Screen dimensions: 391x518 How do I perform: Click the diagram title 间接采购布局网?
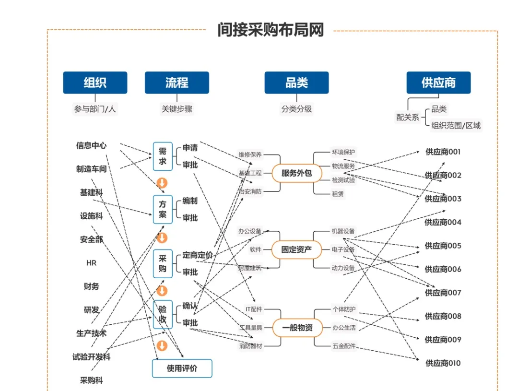[271, 30]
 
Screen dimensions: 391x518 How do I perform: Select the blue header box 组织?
[95, 83]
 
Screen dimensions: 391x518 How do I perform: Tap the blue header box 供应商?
[438, 83]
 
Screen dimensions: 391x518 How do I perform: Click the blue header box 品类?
[296, 83]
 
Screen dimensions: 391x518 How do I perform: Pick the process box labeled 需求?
[163, 156]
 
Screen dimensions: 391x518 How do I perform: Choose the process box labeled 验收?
[163, 315]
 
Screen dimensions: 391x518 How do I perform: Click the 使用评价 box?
[182, 368]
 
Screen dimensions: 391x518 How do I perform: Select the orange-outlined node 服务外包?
[296, 173]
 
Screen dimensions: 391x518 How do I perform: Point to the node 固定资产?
[296, 249]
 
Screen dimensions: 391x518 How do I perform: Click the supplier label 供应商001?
[443, 152]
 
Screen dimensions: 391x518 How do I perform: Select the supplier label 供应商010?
[443, 363]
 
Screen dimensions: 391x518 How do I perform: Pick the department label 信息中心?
[91, 145]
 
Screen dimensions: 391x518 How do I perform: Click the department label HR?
[91, 263]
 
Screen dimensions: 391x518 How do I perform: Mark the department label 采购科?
[91, 380]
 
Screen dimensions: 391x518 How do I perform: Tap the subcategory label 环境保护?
[343, 152]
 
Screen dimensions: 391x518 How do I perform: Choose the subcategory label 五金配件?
[343, 345]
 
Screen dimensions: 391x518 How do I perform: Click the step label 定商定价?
[197, 255]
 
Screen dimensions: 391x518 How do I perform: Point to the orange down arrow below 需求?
[162, 183]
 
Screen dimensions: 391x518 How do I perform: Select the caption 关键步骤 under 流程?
[177, 109]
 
